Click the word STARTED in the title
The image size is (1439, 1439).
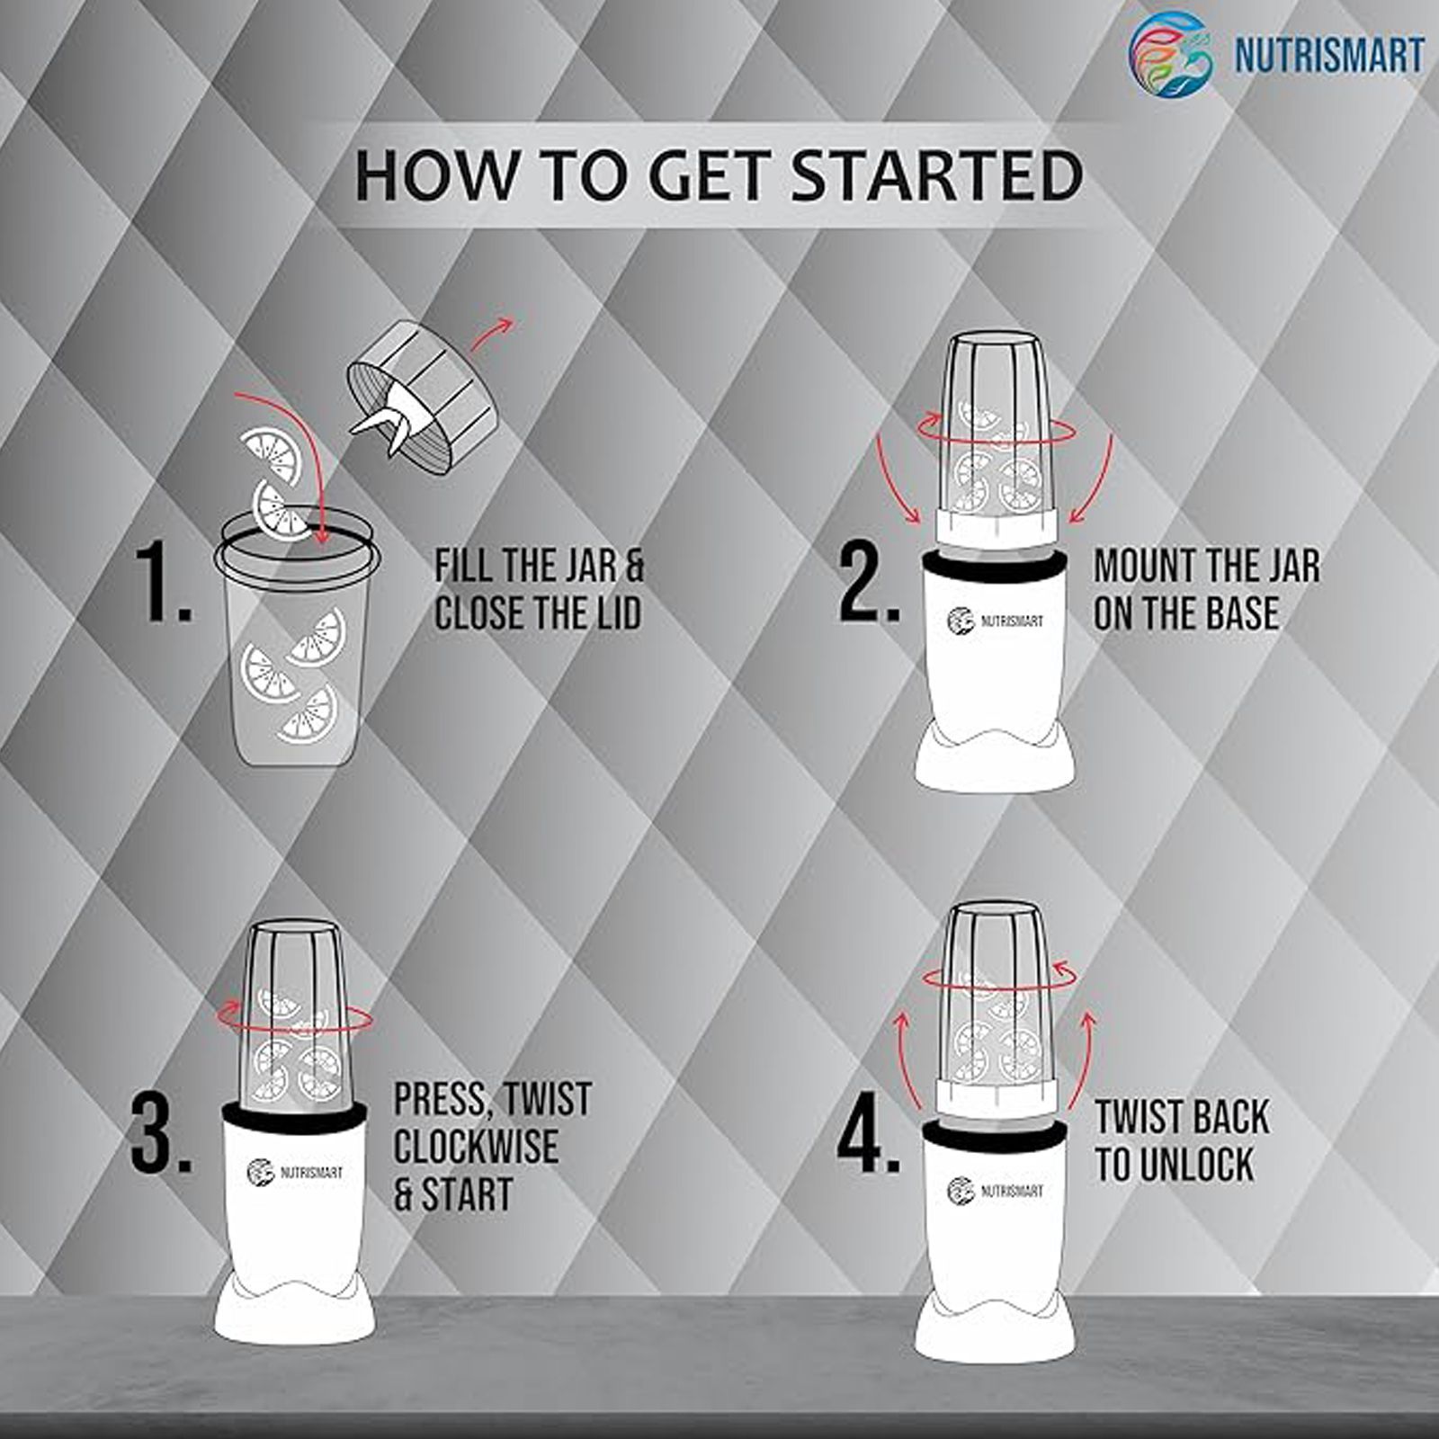(937, 175)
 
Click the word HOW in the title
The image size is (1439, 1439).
(435, 175)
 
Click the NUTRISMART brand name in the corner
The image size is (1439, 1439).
(1329, 54)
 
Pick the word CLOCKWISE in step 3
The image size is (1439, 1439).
(476, 1147)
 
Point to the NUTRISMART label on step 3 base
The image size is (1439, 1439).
(295, 1172)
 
